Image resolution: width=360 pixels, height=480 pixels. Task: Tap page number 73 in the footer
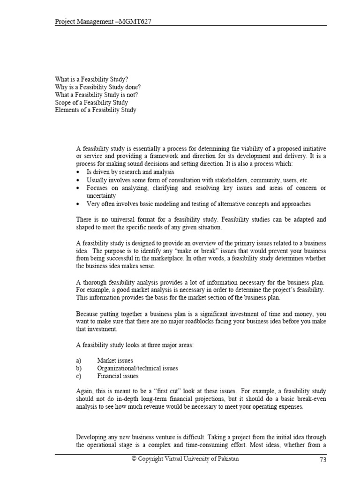tap(322, 460)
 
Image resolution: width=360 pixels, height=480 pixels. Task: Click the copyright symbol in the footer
tap(134, 459)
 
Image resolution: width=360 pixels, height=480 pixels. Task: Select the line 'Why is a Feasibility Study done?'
tap(97, 87)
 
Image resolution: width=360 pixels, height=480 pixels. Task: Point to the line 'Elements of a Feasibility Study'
tap(95, 110)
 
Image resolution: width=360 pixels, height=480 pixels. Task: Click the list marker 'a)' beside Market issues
tap(79, 360)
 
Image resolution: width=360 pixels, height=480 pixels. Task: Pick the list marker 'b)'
tap(79, 368)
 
